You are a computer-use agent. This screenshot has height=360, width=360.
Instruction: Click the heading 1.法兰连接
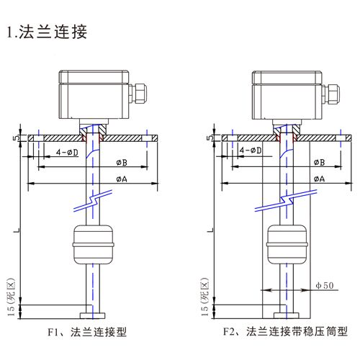tap(48, 32)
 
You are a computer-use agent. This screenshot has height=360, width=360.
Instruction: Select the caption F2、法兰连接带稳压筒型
tap(284, 333)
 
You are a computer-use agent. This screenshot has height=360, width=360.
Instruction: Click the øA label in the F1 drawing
tap(124, 178)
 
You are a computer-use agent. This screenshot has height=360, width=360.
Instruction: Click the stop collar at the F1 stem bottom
tap(91, 314)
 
